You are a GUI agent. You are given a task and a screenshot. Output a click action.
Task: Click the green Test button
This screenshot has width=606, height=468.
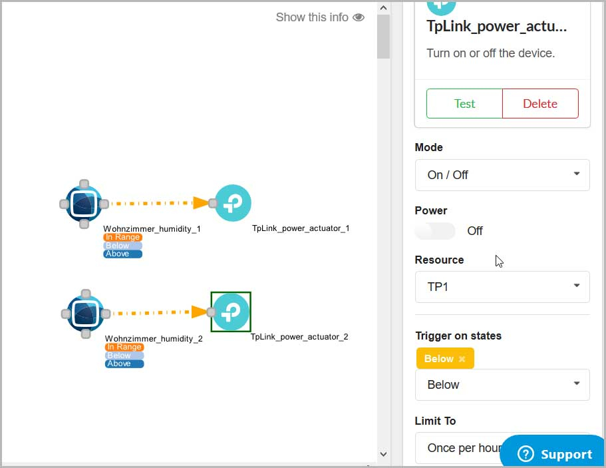coord(464,104)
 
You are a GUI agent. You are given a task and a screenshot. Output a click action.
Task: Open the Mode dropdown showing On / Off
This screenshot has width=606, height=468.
coord(502,175)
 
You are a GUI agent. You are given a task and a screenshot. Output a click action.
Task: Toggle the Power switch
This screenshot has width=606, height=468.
coord(435,231)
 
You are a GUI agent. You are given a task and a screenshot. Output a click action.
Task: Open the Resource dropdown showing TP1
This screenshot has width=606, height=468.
coord(502,287)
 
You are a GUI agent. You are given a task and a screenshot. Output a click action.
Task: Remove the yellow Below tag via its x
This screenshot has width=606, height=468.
coord(462,359)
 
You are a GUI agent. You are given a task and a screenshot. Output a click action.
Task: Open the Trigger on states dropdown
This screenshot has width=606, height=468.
coord(502,385)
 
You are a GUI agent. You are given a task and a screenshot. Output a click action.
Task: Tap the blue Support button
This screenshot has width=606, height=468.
coord(553,453)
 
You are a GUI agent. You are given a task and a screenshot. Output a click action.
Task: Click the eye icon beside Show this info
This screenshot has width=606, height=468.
coord(359,17)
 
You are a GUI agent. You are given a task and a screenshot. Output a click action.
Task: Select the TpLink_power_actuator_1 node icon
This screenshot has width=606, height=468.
coord(233,203)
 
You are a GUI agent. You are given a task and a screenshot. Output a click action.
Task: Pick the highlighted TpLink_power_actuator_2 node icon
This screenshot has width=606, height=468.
coord(231,312)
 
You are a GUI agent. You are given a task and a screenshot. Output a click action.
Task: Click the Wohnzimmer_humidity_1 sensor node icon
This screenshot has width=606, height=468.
coord(84,204)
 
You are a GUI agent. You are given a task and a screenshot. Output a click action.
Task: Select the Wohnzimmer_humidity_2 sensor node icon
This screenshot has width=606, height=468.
coord(86,314)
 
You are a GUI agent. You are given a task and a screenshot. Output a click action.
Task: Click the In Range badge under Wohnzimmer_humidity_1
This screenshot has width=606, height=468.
coord(123,237)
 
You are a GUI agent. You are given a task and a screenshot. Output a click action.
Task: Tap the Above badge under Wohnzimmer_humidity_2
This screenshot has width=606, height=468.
coord(124,363)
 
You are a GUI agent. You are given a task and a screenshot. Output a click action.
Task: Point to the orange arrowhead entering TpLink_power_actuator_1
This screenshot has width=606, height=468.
coord(201,202)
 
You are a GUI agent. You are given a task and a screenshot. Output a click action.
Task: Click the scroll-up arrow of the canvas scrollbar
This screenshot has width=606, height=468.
coord(383,8)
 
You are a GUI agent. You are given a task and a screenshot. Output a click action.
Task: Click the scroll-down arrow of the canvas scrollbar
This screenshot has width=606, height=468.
coord(383,454)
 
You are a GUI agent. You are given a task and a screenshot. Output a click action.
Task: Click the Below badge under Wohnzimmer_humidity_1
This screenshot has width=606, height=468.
coord(122,246)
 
